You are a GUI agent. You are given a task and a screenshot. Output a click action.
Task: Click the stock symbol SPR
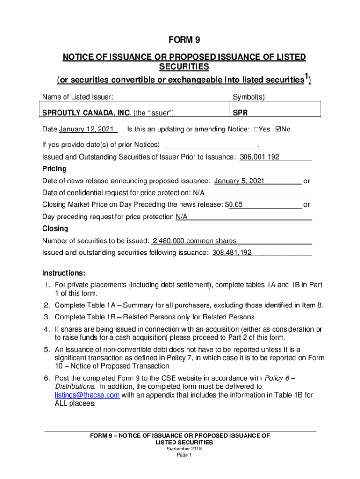coord(239,112)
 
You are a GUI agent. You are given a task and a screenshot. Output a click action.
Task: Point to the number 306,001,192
coord(259,157)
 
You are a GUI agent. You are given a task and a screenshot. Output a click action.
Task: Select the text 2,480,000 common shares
coord(194,241)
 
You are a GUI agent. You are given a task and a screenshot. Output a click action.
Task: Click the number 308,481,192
coord(232,253)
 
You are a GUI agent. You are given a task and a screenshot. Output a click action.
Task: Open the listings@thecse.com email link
coord(87,395)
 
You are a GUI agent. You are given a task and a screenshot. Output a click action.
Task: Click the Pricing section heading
coord(54,168)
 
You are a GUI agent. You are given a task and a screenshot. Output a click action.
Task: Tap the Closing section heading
coord(55,229)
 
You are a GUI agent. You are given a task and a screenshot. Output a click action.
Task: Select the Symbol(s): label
coord(250,97)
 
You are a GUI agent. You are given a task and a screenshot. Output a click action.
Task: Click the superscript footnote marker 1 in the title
coord(306,76)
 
